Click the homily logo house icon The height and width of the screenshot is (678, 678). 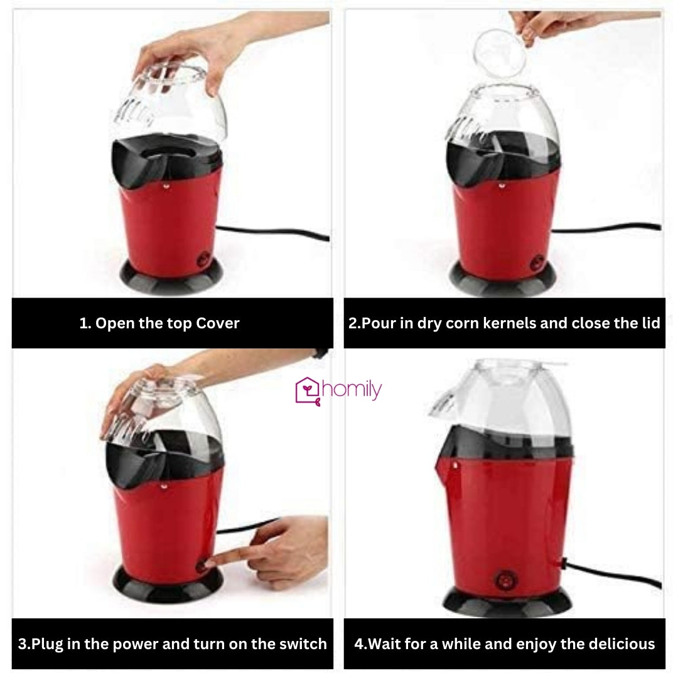pos(308,391)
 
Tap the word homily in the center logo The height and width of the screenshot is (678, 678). pos(351,390)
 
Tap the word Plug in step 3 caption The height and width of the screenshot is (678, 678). pos(47,643)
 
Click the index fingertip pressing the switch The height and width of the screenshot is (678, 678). pos(210,562)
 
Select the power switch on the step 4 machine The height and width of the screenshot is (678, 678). pos(505,579)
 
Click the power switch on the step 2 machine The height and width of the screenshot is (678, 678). pos(537,264)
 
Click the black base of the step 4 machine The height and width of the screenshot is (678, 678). pos(507,604)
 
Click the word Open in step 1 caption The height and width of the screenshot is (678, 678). pos(112,323)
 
